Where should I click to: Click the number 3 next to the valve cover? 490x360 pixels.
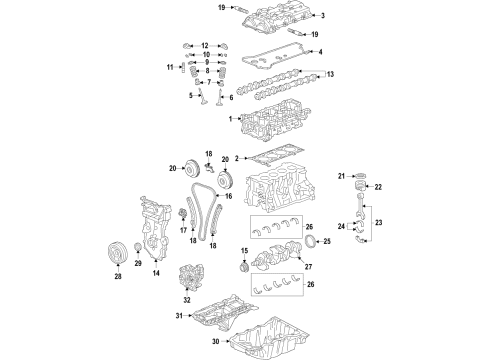[323, 16]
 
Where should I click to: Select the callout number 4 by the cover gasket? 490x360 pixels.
[319, 51]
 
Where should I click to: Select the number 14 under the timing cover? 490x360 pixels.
[155, 272]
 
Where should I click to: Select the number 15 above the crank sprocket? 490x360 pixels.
[244, 250]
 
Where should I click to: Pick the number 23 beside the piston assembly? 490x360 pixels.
[379, 237]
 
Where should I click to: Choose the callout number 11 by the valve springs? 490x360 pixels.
[170, 68]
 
